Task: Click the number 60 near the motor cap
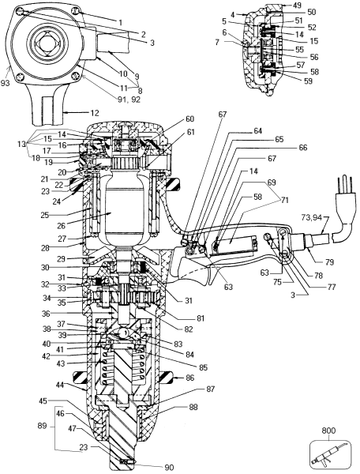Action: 189,118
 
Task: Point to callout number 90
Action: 168,468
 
